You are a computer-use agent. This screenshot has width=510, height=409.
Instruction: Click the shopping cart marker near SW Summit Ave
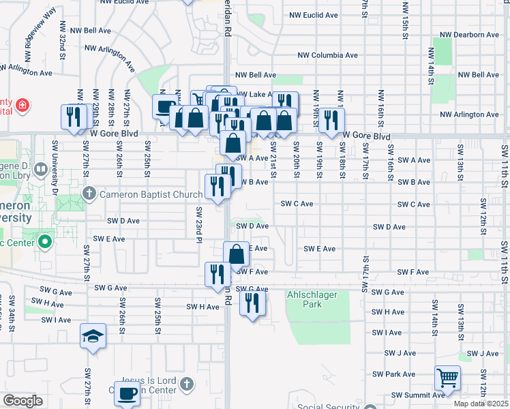pyautogui.click(x=447, y=378)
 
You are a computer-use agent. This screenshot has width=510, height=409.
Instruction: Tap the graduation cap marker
pyautogui.click(x=93, y=336)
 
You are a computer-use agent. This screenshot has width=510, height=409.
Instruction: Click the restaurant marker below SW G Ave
pyautogui.click(x=253, y=303)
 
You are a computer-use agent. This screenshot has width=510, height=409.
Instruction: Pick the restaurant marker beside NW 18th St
pyautogui.click(x=331, y=120)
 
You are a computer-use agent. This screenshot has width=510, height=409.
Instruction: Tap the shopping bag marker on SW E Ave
pyautogui.click(x=236, y=254)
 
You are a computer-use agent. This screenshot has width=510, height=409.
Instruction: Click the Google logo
pyautogui.click(x=22, y=401)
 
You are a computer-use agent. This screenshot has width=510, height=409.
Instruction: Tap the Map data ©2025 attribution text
pyautogui.click(x=481, y=404)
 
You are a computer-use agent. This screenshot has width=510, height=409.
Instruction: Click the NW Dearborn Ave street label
pyautogui.click(x=470, y=35)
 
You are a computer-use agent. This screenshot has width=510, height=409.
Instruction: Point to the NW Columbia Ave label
pyautogui.click(x=328, y=55)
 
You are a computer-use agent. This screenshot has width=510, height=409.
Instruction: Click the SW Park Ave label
pyautogui.click(x=394, y=374)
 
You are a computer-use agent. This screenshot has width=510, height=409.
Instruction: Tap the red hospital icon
pyautogui.click(x=22, y=105)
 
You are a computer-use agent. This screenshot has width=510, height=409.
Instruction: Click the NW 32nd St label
pyautogui.click(x=63, y=46)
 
